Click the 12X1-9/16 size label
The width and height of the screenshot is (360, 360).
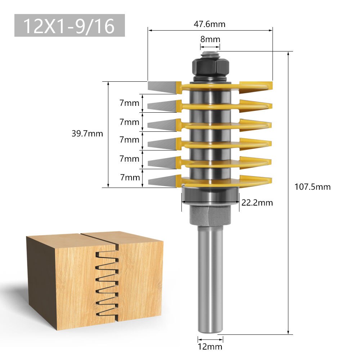69,26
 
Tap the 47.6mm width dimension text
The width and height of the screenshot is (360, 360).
210,24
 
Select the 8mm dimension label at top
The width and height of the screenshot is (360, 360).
210,39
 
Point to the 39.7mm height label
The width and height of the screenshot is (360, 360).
87,134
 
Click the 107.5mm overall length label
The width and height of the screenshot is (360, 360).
312,187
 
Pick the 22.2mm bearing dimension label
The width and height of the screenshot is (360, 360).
257,203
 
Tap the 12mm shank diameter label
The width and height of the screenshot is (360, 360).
210,347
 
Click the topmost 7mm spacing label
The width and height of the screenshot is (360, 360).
129,103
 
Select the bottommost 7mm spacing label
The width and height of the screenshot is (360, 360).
129,177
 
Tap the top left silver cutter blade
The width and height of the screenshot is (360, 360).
163,86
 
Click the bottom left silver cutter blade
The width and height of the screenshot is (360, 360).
162,180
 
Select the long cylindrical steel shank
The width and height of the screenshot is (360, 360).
210,281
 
